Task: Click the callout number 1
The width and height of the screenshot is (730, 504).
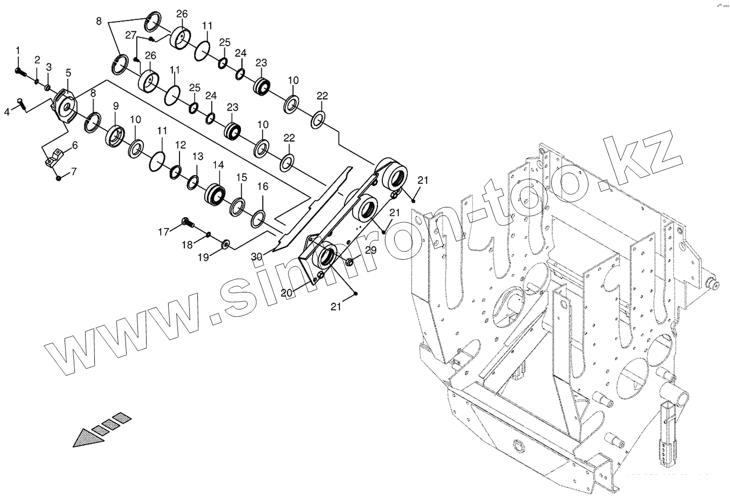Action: [x=18, y=50]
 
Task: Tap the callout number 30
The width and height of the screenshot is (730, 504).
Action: [x=257, y=256]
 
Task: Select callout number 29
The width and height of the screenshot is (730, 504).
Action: [x=371, y=250]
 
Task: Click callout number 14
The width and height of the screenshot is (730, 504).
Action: [x=218, y=165]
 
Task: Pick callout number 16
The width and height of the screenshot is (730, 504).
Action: [x=262, y=187]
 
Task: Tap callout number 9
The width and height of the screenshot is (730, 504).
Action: [x=116, y=106]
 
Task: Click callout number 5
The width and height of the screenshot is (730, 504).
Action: [x=68, y=73]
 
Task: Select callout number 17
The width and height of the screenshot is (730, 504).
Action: [x=163, y=232]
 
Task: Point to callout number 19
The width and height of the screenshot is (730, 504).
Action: [x=204, y=258]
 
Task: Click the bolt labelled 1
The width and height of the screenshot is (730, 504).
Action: [x=20, y=71]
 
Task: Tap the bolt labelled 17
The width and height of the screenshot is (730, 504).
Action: [x=187, y=222]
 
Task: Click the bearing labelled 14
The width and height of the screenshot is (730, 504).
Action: [x=215, y=195]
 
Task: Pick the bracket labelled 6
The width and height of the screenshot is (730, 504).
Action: [x=55, y=157]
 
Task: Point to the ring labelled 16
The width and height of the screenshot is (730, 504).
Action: [x=258, y=218]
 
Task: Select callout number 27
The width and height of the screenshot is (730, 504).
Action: [x=131, y=35]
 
